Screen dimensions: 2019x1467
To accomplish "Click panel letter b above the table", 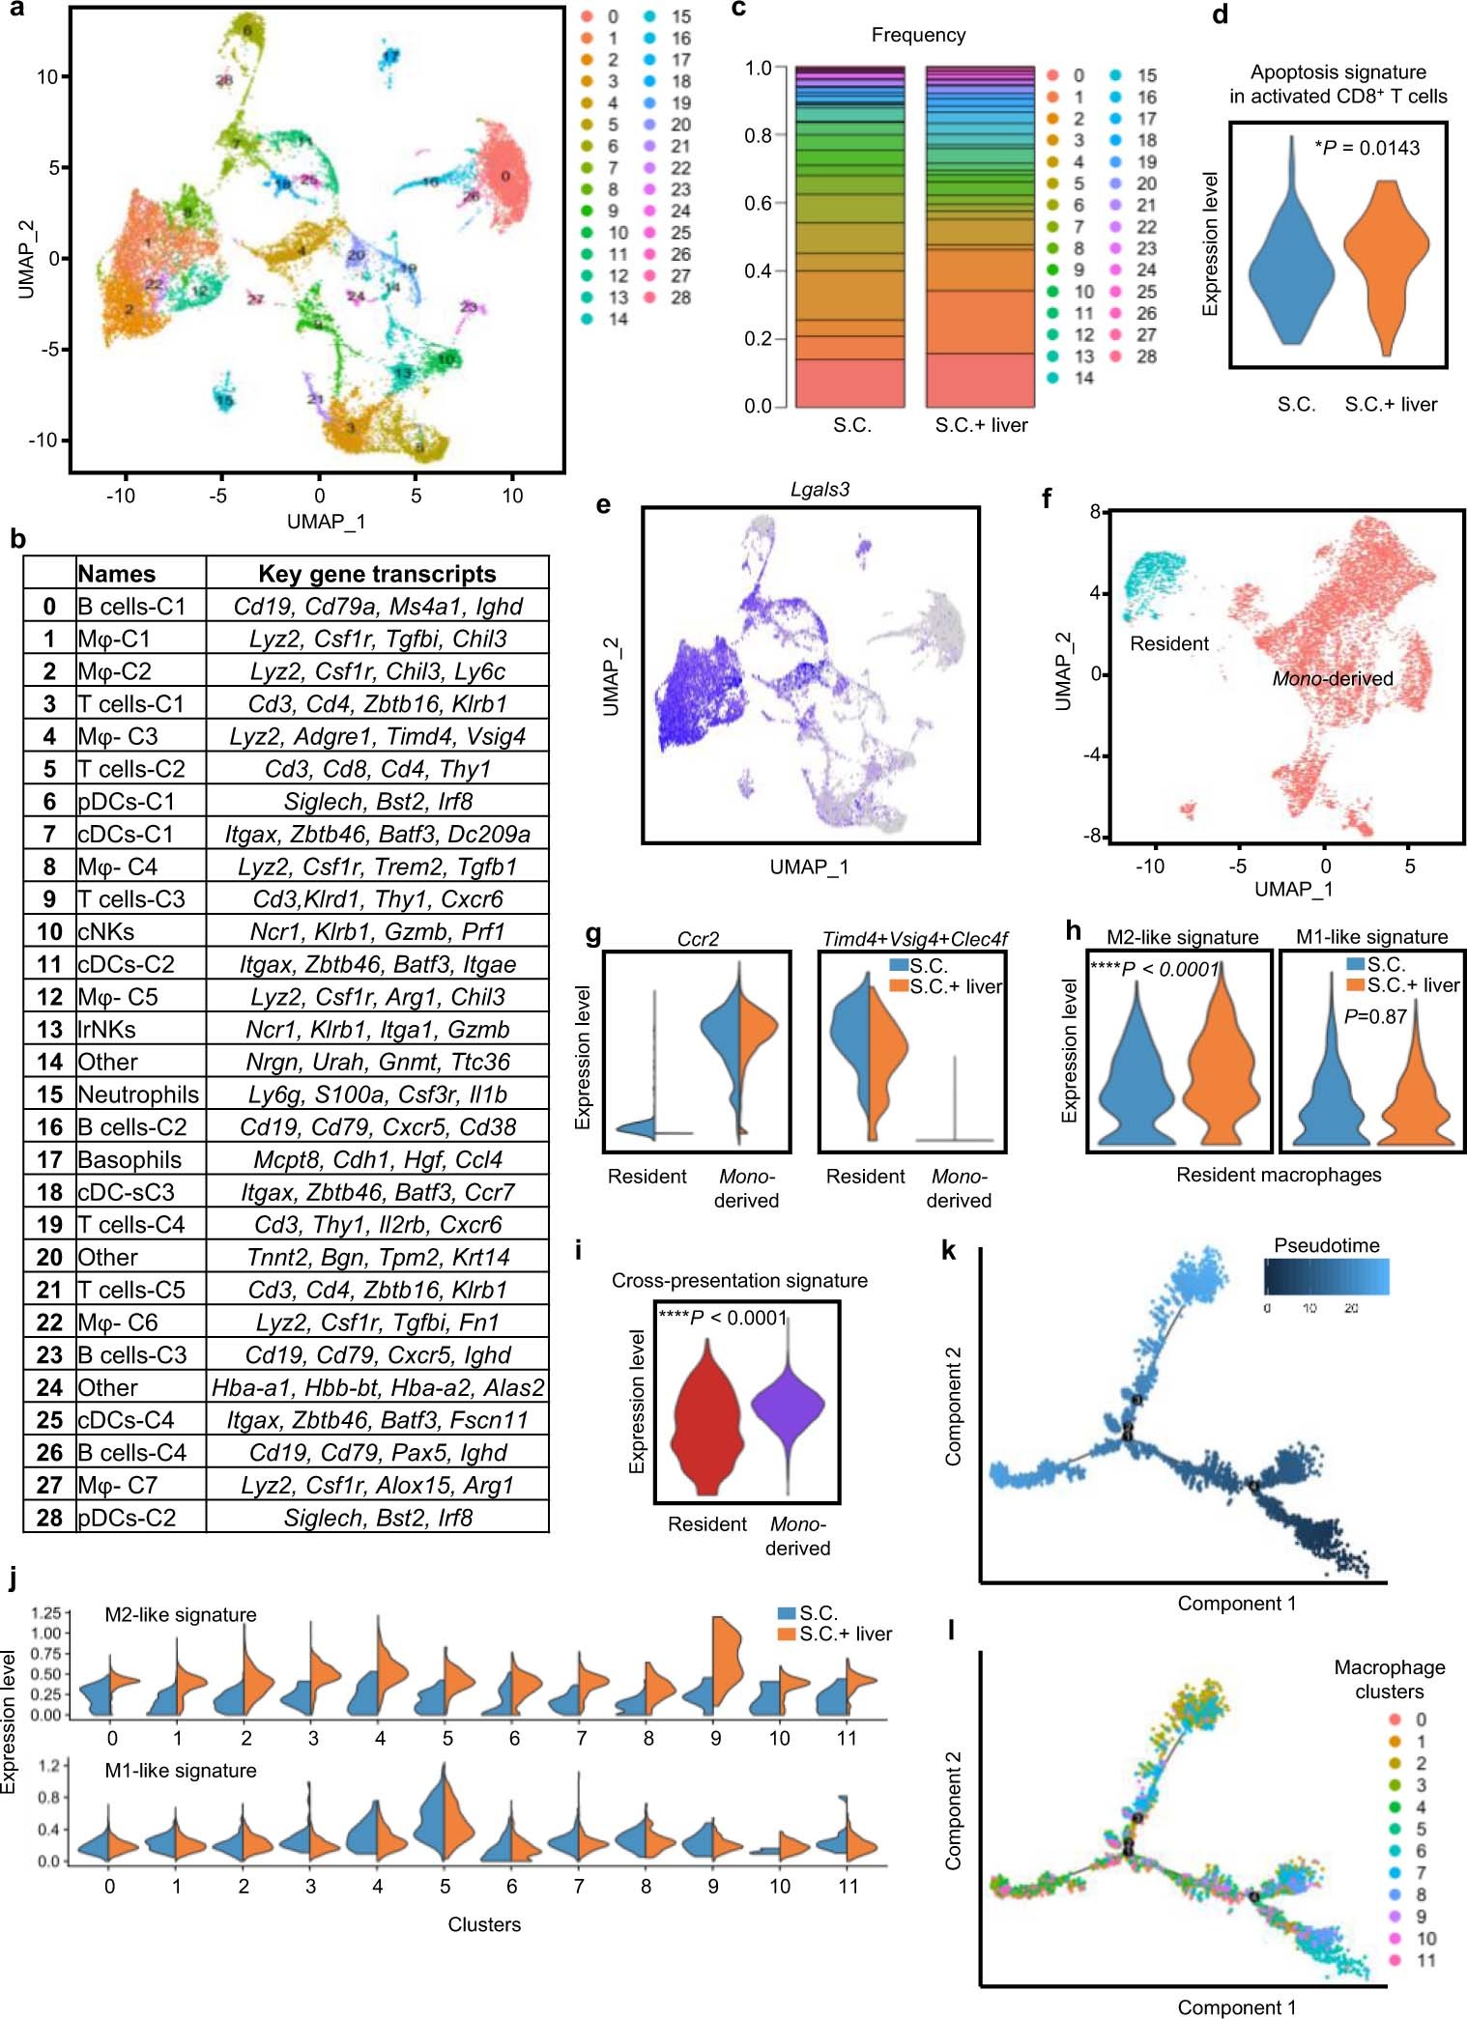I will point(17,539).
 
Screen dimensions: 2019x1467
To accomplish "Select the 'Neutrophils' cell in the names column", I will point(138,1095).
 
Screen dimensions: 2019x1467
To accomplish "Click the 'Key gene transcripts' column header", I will point(377,574).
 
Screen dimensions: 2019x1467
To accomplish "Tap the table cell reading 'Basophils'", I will point(129,1159).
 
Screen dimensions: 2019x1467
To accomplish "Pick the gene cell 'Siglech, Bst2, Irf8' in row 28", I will point(378,1518).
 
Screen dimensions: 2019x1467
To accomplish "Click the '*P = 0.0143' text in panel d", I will point(1366,148).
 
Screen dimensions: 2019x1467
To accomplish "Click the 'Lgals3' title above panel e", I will point(820,490).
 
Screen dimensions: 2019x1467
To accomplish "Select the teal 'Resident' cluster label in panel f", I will point(1169,643).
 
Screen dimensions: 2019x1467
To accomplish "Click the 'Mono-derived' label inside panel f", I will point(1332,679).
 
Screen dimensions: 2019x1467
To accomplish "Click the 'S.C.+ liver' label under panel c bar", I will point(981,426).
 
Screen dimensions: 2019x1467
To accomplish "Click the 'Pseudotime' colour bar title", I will point(1326,1245).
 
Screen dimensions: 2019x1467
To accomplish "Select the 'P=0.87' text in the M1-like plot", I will point(1375,1016).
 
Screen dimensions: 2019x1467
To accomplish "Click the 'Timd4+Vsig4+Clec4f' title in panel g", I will point(914,939).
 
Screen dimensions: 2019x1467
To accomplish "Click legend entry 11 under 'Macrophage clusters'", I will point(1425,1960).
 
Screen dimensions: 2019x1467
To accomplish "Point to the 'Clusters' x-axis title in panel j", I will point(484,1924).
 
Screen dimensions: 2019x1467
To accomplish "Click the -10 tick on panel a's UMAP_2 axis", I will point(43,441).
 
